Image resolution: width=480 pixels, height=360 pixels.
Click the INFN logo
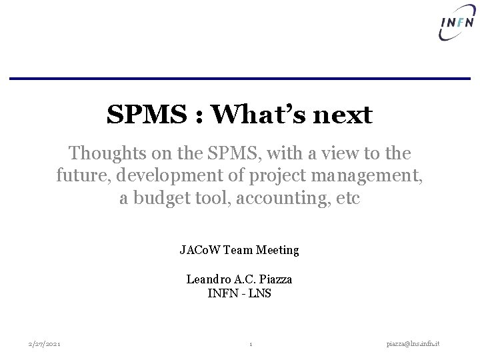click(x=457, y=25)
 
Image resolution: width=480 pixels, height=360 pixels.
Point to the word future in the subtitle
click(x=79, y=176)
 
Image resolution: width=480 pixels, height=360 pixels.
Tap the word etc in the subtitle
click(x=346, y=199)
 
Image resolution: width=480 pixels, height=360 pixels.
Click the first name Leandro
click(x=207, y=279)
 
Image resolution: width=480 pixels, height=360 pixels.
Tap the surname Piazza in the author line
click(x=275, y=279)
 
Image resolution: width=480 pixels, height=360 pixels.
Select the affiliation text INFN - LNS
click(x=239, y=292)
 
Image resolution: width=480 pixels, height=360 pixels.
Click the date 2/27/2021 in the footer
click(x=44, y=343)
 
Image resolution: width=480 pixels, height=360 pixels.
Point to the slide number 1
click(x=250, y=344)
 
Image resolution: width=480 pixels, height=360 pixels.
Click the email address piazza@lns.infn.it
click(x=417, y=343)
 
